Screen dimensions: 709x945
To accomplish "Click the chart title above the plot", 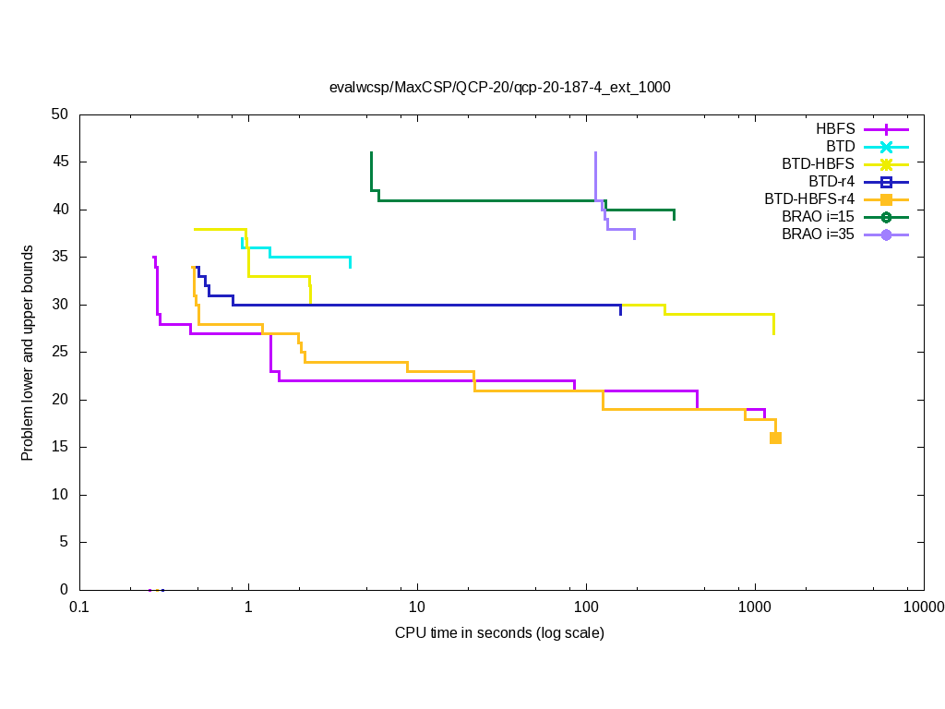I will [499, 88].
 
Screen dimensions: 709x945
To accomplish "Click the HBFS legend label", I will [835, 128].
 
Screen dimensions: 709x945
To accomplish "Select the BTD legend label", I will [840, 146].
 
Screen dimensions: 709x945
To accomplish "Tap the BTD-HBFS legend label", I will [818, 163].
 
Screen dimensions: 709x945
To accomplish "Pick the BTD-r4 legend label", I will [831, 181].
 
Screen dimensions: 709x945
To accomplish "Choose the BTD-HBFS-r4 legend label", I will [809, 198].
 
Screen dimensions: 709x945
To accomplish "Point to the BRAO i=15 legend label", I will [818, 216].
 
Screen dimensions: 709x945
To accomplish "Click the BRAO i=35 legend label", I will [818, 234].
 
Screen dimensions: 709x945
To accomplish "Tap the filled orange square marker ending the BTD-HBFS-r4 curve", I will [775, 438].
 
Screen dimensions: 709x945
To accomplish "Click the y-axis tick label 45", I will [60, 162].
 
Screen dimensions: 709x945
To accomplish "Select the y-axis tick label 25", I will [60, 353].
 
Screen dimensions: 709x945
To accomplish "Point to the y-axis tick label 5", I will [64, 543].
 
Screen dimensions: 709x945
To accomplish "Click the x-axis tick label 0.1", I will [79, 607].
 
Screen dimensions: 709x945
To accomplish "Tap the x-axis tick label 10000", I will [923, 607].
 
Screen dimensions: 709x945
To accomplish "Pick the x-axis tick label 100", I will [586, 607].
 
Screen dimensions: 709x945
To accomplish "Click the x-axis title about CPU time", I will [499, 633].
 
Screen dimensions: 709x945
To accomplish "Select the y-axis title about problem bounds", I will [29, 353].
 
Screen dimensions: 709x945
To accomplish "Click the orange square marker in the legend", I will [886, 199].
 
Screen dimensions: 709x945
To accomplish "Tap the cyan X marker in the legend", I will [886, 147].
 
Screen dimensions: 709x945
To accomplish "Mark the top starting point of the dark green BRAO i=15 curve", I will [371, 153].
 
